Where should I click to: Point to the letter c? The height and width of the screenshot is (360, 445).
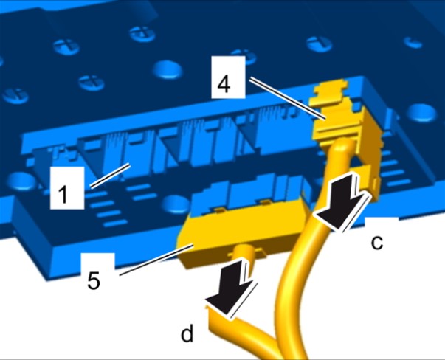pyautogui.click(x=377, y=243)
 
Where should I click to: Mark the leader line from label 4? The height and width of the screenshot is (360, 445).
pyautogui.click(x=287, y=98)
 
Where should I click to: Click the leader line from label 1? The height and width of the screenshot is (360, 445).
pyautogui.click(x=111, y=176)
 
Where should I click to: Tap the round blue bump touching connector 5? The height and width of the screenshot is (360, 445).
pyautogui.click(x=175, y=205)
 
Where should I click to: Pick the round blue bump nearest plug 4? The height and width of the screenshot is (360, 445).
pyautogui.click(x=422, y=113)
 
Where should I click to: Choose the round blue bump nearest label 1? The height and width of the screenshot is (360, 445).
pyautogui.click(x=21, y=181)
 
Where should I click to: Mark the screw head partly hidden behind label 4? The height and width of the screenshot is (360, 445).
pyautogui.click(x=244, y=57)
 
